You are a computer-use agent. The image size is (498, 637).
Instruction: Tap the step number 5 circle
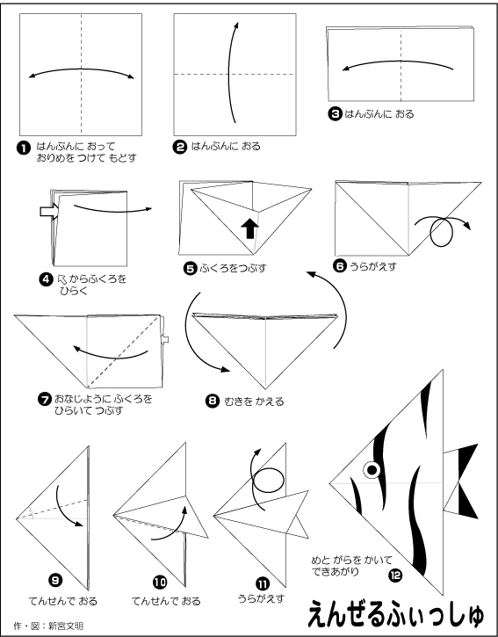point(190,268)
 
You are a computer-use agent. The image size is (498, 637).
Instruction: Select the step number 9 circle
point(55,580)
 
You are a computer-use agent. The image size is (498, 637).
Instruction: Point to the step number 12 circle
point(395,575)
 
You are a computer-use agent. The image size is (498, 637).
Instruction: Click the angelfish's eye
point(372,470)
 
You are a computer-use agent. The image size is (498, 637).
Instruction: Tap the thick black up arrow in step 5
point(249,229)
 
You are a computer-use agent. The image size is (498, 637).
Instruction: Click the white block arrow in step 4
point(49,212)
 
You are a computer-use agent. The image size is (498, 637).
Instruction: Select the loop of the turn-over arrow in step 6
point(441,232)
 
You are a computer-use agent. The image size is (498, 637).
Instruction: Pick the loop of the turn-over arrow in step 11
point(267,480)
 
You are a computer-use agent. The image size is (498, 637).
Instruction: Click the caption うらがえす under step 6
point(373,266)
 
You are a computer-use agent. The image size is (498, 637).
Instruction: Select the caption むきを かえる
point(254,402)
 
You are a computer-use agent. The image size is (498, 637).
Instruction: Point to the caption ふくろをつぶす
point(233,268)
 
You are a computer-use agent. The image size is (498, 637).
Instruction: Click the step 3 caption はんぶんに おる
point(379,113)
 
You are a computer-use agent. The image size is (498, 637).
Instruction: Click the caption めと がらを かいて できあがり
point(352,566)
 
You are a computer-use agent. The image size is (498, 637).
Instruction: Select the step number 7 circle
point(44,400)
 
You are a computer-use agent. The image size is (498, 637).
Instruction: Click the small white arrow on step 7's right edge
point(164,339)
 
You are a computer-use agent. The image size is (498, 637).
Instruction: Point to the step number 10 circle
point(160,583)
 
